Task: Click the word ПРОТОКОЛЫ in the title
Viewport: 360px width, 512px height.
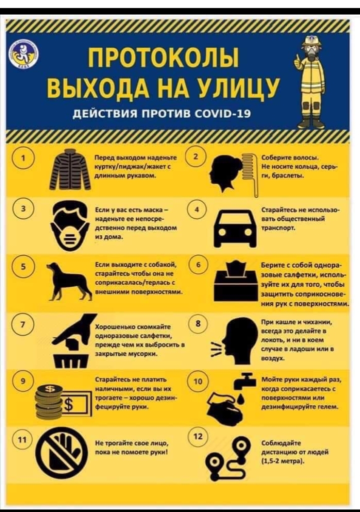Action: point(164,58)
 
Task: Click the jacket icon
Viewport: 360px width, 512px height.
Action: point(70,169)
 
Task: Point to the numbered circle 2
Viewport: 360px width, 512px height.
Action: point(195,157)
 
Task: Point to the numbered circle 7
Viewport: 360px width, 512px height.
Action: point(21,324)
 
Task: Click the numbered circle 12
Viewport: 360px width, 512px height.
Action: point(197,436)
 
